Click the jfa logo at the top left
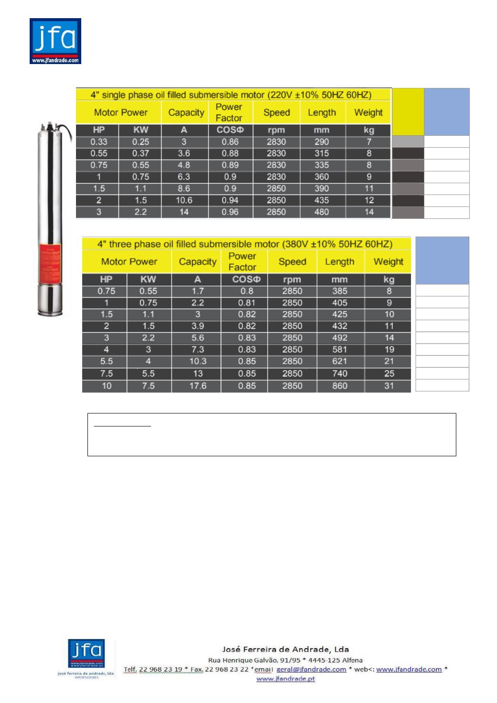coord(55,41)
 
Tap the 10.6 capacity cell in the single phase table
coord(184,200)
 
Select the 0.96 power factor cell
coord(230,212)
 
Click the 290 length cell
coord(322,142)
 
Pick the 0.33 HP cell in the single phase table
coord(99,142)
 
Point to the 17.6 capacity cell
coord(197,386)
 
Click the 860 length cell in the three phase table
coord(340,386)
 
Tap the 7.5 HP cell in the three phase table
coord(106,374)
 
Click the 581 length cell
coord(340,350)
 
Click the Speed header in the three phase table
coord(292,262)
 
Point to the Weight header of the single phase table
coord(368,113)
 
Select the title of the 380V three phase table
coord(245,244)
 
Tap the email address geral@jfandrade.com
coord(312,669)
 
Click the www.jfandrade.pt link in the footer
coord(286,679)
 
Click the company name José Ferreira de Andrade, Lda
coord(286,649)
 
